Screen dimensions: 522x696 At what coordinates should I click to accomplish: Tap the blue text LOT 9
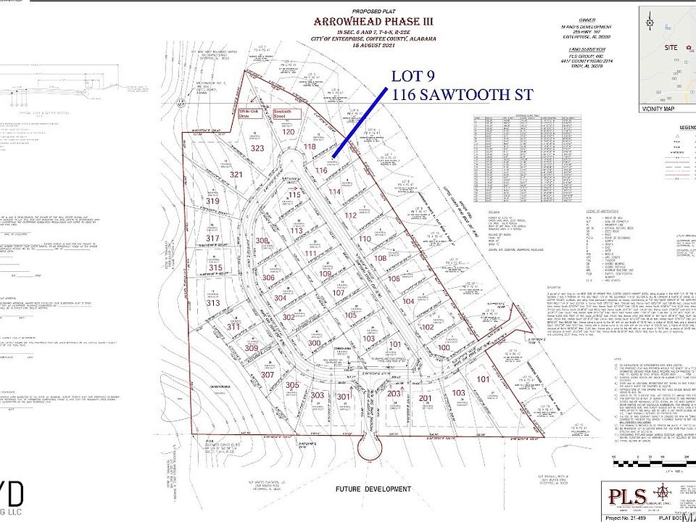(415, 76)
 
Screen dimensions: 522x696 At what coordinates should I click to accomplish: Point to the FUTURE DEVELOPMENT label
(373, 489)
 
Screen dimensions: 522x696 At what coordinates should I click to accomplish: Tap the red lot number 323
(257, 148)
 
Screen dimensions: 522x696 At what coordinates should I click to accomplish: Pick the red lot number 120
(289, 132)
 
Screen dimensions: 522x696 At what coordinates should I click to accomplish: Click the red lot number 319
(212, 201)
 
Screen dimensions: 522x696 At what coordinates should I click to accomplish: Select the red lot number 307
(268, 375)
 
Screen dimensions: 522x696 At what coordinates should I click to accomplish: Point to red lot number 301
(343, 397)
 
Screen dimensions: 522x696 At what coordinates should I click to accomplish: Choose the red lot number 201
(425, 398)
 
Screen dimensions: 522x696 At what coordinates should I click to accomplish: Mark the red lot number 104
(408, 300)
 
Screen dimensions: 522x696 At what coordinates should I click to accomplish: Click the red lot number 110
(365, 239)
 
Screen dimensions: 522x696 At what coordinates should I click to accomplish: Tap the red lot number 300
(314, 343)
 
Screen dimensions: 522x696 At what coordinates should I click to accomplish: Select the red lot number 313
(212, 303)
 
